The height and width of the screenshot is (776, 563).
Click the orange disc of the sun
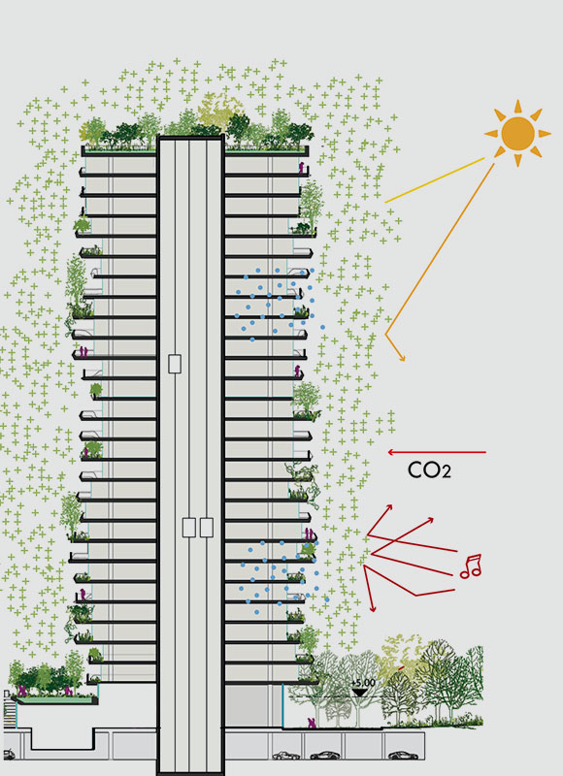(517, 133)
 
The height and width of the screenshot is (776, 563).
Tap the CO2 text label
(429, 470)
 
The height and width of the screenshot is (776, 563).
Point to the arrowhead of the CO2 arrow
(390, 452)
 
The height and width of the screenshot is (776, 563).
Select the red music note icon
(471, 566)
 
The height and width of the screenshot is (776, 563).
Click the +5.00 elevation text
(363, 683)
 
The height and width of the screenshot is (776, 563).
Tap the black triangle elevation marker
(360, 692)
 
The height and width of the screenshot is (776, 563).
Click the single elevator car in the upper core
(175, 364)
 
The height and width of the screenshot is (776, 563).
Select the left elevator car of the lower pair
(188, 528)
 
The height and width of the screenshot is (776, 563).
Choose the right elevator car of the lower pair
(207, 528)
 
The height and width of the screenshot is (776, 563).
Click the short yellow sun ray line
(434, 180)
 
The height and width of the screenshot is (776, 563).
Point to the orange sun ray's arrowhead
(402, 358)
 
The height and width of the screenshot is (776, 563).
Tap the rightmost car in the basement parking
(403, 756)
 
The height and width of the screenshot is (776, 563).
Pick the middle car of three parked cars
(325, 756)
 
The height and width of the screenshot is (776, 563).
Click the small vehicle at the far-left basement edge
(9, 755)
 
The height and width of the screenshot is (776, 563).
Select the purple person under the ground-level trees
(312, 723)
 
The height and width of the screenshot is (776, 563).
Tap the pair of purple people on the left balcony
(83, 352)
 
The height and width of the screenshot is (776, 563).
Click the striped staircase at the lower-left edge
(10, 710)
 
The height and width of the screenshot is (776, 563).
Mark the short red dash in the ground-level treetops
(401, 667)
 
